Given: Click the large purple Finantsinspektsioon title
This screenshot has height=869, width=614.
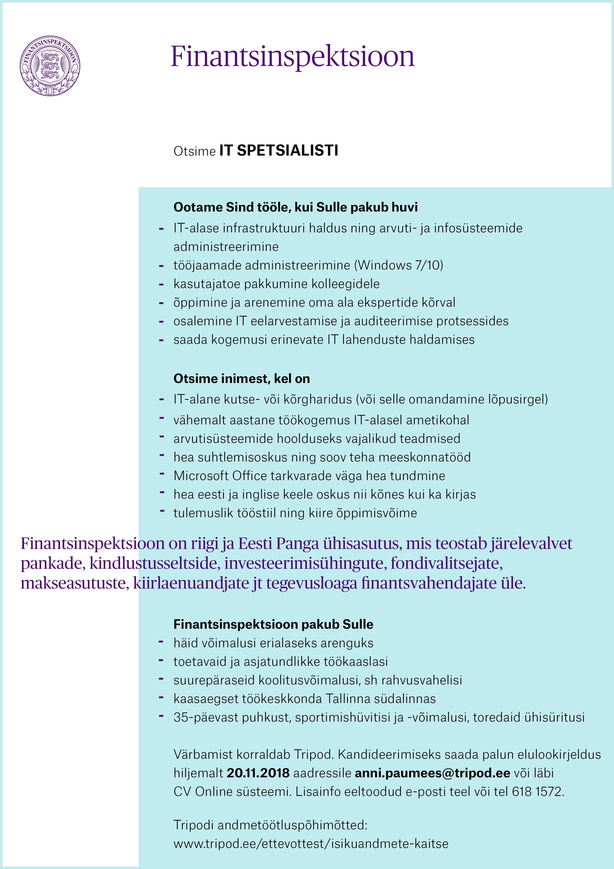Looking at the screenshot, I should pos(292,57).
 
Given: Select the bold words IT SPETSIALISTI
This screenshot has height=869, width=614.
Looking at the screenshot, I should pos(279,151).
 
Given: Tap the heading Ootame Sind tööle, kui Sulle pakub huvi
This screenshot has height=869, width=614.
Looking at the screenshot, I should pos(295,207).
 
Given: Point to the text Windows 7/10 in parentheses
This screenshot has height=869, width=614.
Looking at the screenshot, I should pos(398,265).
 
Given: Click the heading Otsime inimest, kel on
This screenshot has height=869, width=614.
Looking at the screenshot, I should pos(241,379).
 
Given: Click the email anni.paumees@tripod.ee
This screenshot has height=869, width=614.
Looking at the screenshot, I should pos(433,773).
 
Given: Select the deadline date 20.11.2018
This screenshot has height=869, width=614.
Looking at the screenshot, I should pos(258,773).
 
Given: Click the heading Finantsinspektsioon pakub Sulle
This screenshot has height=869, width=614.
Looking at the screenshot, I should pos(273,624).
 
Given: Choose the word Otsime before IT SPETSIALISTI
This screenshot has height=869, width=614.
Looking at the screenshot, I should pos(194,151).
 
